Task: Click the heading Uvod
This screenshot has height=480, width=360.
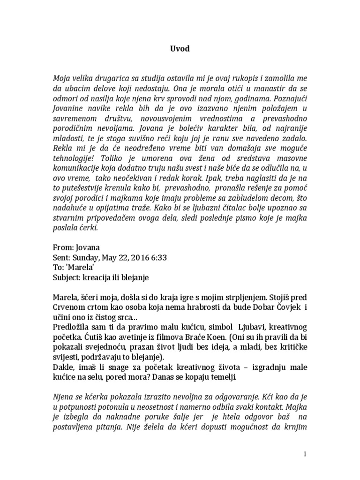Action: [x=180, y=49]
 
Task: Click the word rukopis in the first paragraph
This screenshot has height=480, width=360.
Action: [x=243, y=77]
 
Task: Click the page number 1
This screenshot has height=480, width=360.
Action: [x=305, y=454]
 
